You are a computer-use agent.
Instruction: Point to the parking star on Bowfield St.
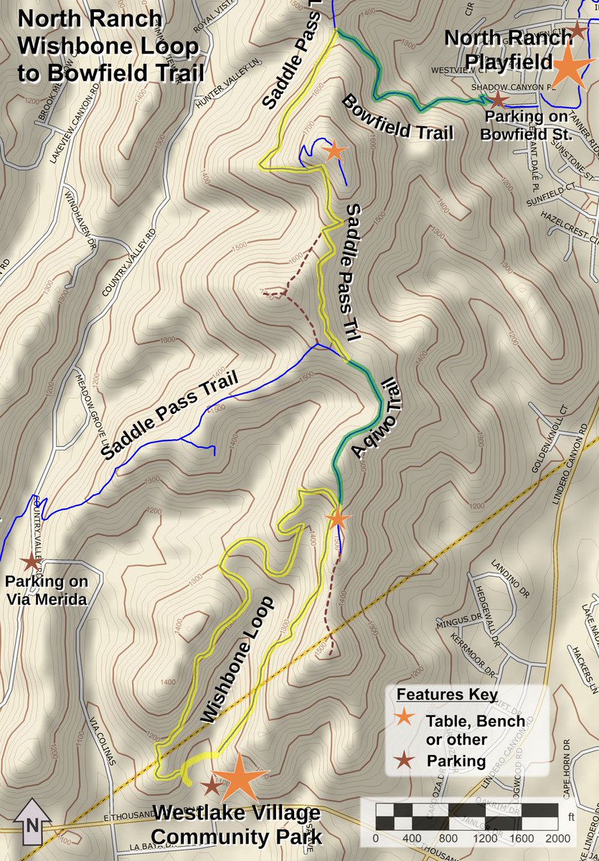499,100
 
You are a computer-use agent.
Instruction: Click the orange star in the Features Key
405,716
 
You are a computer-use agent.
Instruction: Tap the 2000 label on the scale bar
557,838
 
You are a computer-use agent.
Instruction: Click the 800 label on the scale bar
448,838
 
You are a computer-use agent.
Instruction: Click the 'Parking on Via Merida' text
47,590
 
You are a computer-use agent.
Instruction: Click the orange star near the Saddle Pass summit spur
334,151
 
